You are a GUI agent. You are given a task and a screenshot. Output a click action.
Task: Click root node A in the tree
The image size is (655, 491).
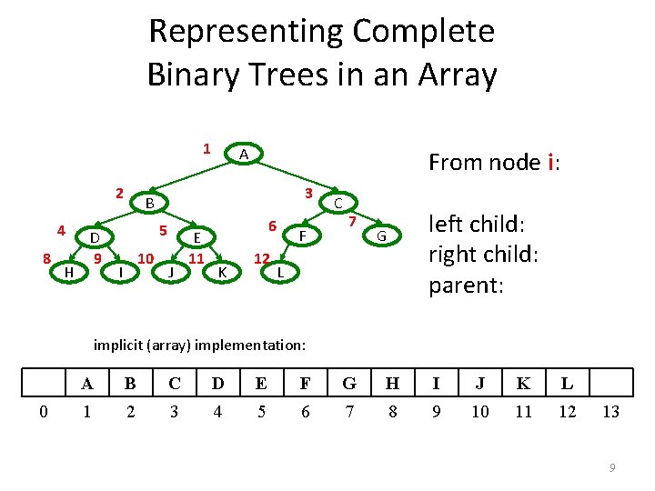click(243, 155)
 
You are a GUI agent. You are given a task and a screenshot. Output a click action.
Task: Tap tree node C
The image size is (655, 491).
click(338, 203)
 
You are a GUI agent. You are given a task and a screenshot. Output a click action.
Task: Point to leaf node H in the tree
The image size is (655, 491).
click(69, 271)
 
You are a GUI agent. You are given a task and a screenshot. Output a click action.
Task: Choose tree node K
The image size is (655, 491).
click(222, 271)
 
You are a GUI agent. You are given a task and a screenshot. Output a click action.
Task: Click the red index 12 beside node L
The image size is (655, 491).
click(261, 258)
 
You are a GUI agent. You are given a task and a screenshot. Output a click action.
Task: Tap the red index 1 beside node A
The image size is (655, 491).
click(207, 147)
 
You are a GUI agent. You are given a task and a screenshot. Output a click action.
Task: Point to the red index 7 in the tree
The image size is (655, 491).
click(351, 222)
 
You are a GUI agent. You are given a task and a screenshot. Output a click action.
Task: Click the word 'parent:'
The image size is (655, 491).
click(465, 285)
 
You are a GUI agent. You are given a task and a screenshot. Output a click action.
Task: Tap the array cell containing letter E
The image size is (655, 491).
click(261, 383)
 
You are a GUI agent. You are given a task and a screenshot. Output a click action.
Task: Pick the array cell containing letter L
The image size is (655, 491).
click(567, 383)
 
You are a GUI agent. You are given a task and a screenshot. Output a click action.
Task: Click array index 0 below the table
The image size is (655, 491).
click(44, 412)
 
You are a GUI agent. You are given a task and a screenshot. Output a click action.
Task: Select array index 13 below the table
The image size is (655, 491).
click(610, 412)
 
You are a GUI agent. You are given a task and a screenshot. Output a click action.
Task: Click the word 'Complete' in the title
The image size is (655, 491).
click(424, 31)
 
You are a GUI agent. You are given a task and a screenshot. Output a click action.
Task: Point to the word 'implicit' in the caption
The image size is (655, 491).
click(116, 345)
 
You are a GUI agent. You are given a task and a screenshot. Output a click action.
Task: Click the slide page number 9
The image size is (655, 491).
click(612, 467)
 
